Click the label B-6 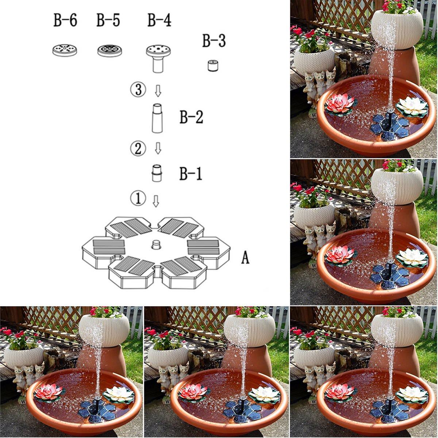[65, 20]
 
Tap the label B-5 [108, 20]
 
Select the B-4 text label [160, 20]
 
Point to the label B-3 [214, 41]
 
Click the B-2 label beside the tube [191, 117]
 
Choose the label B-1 [191, 174]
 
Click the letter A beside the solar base [245, 258]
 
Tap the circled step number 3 [138, 89]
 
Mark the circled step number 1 [138, 197]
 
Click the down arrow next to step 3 [158, 91]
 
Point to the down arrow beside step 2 [158, 148]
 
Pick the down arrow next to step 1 [156, 201]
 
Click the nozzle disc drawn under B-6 [65, 50]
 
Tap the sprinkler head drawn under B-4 [158, 58]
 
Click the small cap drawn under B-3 [213, 65]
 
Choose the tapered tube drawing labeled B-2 [158, 118]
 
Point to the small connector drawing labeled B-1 [157, 173]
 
